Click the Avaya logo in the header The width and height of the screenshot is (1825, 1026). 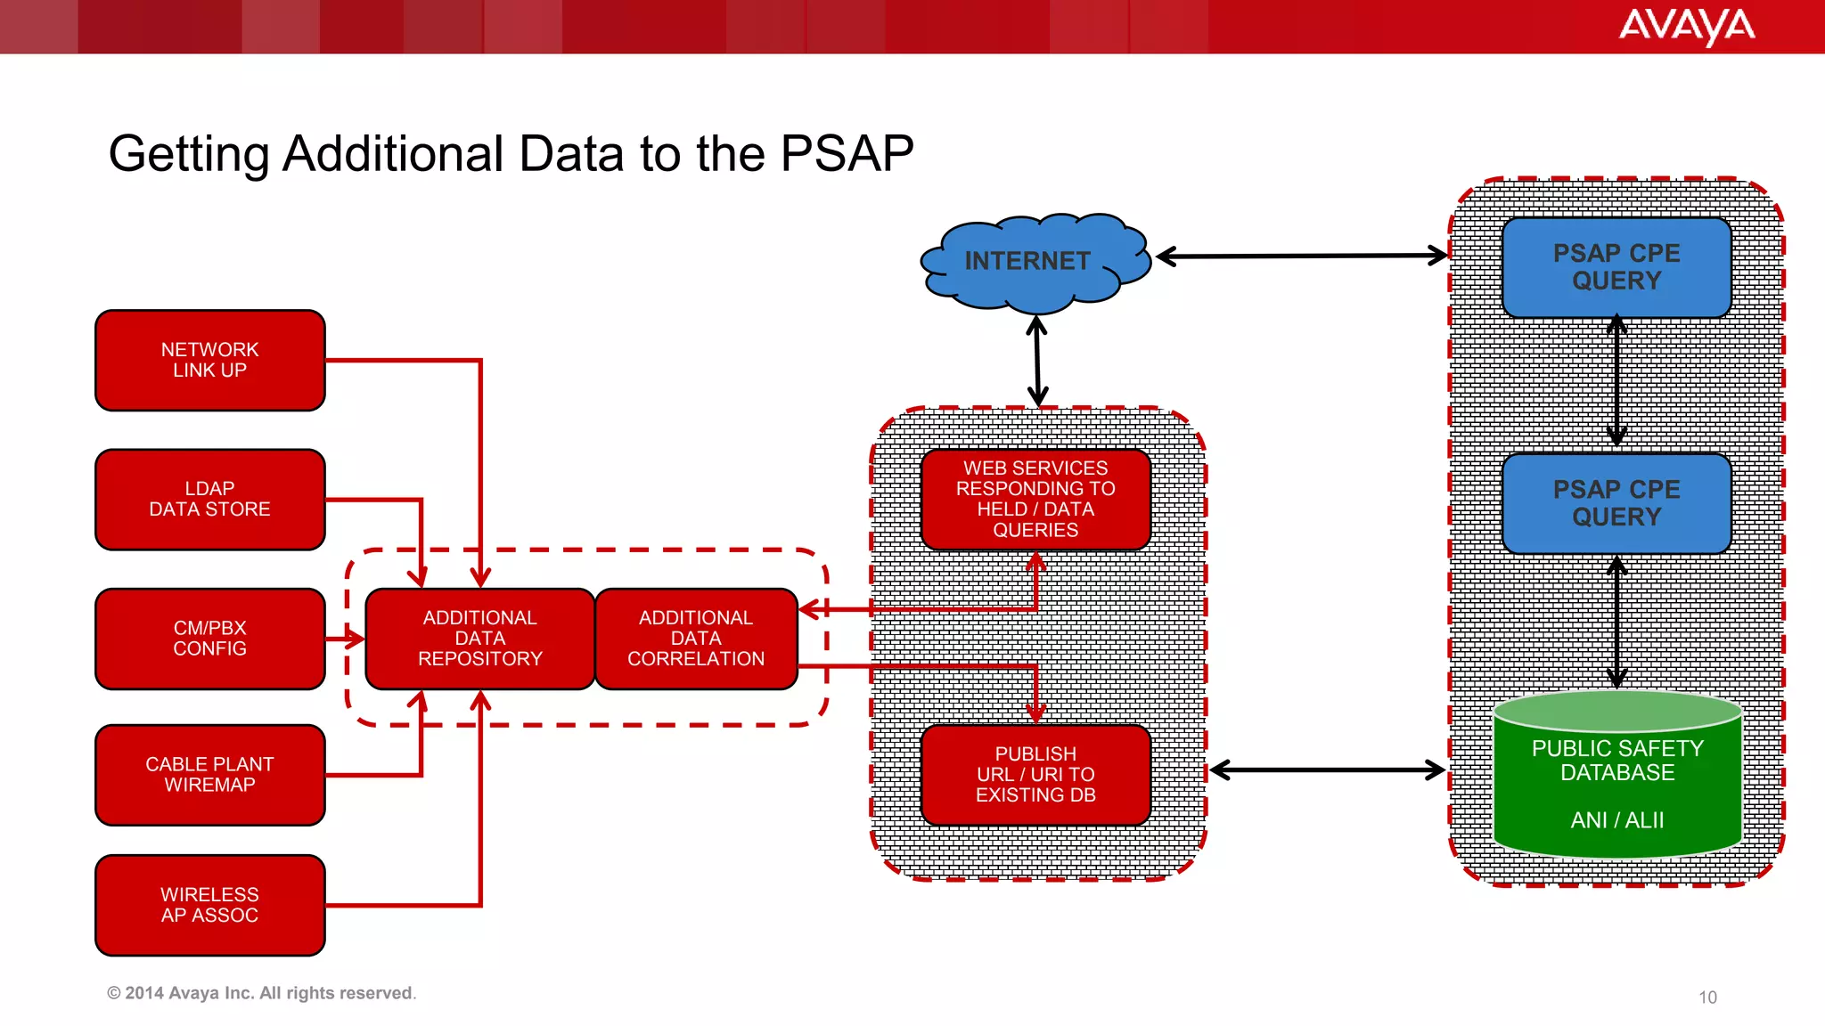1686,26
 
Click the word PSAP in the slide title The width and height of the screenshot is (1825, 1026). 847,153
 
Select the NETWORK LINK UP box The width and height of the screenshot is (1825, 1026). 210,361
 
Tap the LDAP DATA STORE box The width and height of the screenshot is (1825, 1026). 210,500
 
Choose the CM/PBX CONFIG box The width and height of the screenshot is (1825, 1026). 210,639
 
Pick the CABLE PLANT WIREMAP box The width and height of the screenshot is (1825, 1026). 210,775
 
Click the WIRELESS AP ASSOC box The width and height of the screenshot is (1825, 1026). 210,905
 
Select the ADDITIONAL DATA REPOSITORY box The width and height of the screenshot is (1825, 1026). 479,639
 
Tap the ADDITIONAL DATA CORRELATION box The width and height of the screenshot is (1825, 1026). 696,639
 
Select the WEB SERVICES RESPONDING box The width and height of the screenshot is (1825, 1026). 1035,499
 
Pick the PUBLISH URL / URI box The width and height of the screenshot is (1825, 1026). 1035,775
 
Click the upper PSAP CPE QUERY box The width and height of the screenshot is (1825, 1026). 1616,267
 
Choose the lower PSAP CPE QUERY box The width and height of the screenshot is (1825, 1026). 1616,503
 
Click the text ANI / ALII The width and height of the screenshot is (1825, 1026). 1617,820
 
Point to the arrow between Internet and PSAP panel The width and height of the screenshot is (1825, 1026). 1301,256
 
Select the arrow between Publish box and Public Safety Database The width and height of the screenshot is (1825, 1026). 1328,770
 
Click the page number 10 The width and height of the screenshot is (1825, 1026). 1707,997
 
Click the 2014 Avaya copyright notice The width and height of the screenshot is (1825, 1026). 261,993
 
